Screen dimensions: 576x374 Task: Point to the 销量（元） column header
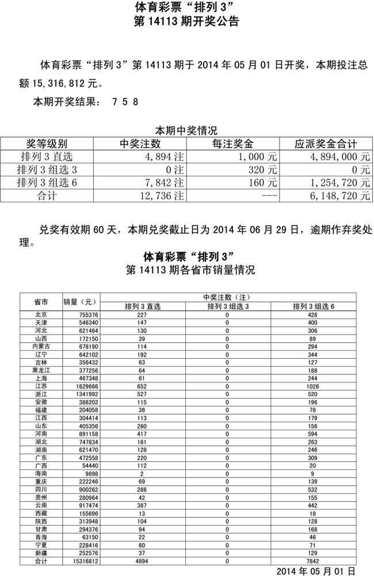pos(82,301)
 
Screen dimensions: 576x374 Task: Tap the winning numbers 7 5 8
pos(125,103)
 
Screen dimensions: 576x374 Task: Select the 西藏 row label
pos(41,513)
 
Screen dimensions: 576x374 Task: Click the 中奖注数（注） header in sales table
pos(228,297)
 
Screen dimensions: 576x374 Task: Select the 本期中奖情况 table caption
pos(186,131)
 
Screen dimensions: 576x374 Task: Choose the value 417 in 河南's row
pos(142,433)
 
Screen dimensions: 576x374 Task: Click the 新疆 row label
pos(41,552)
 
